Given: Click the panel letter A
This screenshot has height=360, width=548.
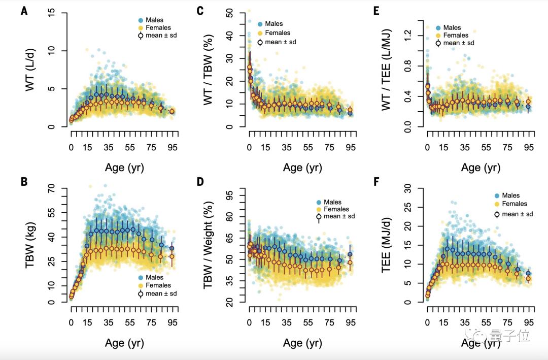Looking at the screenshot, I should [24, 11].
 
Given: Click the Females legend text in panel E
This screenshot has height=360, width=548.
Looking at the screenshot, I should [456, 35].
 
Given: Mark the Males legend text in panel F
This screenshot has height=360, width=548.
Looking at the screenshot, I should [511, 195].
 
